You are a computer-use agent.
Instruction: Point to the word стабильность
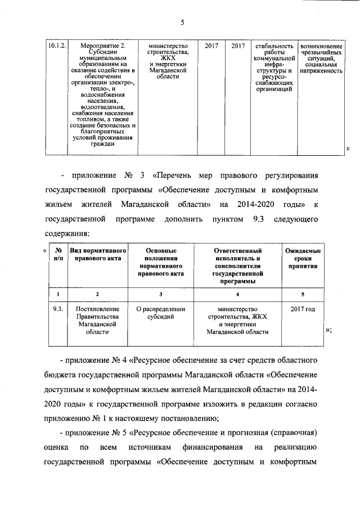[273, 45]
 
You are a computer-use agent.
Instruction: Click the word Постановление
[98, 310]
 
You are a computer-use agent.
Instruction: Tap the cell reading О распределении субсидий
[161, 314]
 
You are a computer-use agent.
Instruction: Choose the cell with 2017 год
[303, 310]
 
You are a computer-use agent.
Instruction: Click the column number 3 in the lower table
[161, 294]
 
